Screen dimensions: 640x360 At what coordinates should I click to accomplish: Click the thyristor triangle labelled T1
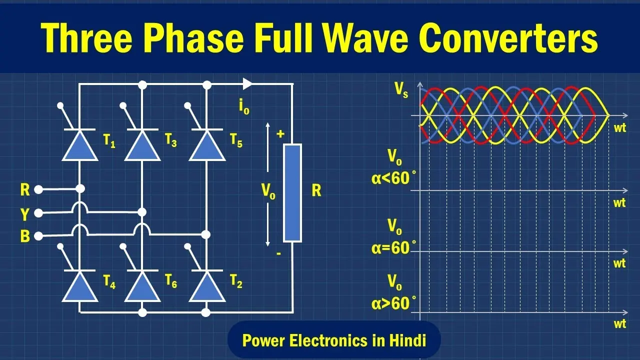click(x=80, y=146)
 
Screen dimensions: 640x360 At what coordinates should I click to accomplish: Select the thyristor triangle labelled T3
click(x=142, y=146)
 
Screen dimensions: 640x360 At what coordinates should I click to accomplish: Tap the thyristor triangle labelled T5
click(x=207, y=146)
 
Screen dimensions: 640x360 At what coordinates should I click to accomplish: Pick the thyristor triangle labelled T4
click(x=80, y=287)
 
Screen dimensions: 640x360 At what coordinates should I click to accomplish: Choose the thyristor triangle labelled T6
click(x=142, y=287)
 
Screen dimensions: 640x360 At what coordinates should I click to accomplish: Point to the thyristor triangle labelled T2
click(x=207, y=287)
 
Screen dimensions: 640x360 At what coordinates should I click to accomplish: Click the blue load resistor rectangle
click(x=292, y=193)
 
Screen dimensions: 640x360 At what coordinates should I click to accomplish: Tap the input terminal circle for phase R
click(x=38, y=189)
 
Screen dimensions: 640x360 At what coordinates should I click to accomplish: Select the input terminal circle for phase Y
click(x=38, y=213)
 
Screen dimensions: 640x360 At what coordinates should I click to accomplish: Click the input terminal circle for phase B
click(x=38, y=236)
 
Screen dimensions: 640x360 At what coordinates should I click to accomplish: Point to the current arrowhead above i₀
click(x=247, y=83)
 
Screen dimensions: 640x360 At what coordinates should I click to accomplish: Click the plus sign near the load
click(x=280, y=133)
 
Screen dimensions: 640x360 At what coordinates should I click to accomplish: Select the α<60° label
click(x=393, y=178)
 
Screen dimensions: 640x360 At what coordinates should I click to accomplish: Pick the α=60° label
click(x=393, y=247)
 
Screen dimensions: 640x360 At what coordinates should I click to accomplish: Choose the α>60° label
click(x=393, y=303)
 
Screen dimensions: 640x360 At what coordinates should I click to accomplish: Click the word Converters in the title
click(x=508, y=38)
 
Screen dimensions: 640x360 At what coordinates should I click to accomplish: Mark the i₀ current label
click(x=244, y=107)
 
